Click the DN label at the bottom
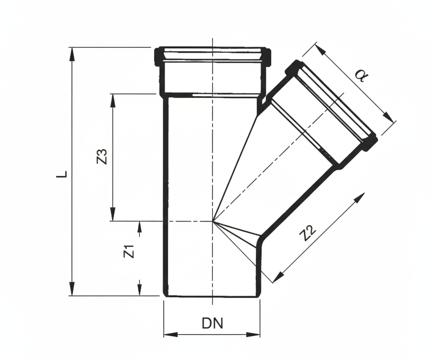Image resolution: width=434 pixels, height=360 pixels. pos(212,323)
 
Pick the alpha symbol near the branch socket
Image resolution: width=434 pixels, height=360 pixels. pos(360,76)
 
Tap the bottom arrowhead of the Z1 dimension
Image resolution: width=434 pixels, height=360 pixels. pos(139,289)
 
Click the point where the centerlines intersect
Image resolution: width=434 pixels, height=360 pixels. pos(212,222)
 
